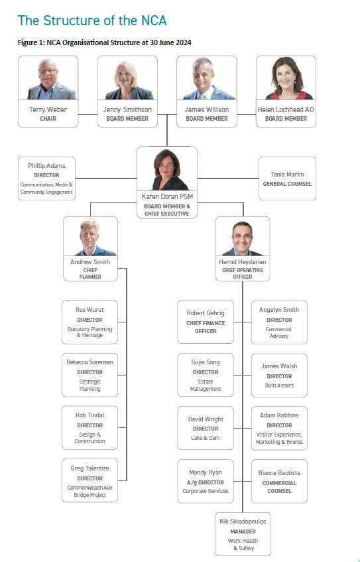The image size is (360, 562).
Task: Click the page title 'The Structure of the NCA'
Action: coord(92,21)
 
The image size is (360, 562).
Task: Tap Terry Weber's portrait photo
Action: coord(48,78)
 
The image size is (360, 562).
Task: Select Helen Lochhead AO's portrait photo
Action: coord(286,78)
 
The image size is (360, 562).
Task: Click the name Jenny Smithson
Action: coord(127,109)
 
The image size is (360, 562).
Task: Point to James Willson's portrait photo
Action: coord(207,78)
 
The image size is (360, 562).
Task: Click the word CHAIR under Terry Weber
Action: coord(48,118)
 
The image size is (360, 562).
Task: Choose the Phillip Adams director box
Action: coord(46,178)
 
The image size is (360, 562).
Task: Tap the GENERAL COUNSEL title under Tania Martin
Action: coord(287,184)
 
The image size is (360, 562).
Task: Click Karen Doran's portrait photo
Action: coord(167,169)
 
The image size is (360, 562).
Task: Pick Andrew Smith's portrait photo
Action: coord(90,237)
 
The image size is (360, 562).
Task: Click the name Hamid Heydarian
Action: coord(243,262)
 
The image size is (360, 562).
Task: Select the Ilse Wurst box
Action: coord(90,322)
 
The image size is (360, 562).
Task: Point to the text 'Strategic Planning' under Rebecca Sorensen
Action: coord(90,386)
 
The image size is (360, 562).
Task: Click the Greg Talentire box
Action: coord(90,480)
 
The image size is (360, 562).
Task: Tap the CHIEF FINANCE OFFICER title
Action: coord(206,327)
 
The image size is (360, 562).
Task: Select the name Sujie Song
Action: coord(206,362)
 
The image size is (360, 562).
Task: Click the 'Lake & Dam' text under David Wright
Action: coord(206,438)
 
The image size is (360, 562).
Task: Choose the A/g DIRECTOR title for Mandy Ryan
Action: coord(206,482)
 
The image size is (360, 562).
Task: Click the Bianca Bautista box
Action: coord(279,481)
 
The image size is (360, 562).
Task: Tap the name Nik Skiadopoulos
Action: coord(243,522)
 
